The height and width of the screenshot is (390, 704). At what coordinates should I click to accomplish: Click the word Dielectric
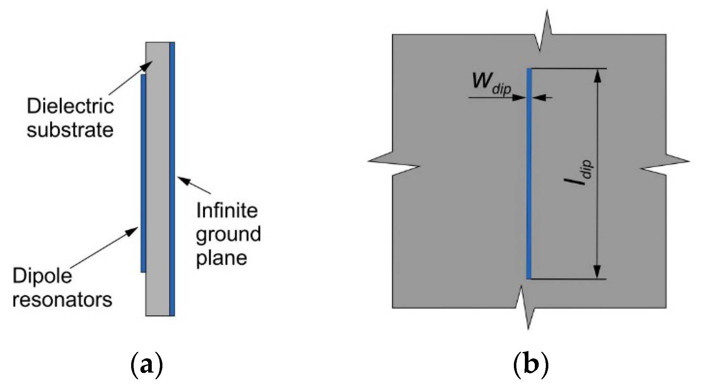point(70,107)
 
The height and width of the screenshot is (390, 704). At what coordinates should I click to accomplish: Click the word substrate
point(70,130)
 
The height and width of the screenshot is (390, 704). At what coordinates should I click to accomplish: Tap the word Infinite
point(227,211)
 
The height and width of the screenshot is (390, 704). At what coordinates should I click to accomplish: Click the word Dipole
point(42,276)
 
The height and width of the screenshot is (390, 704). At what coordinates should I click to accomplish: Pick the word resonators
point(62,299)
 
